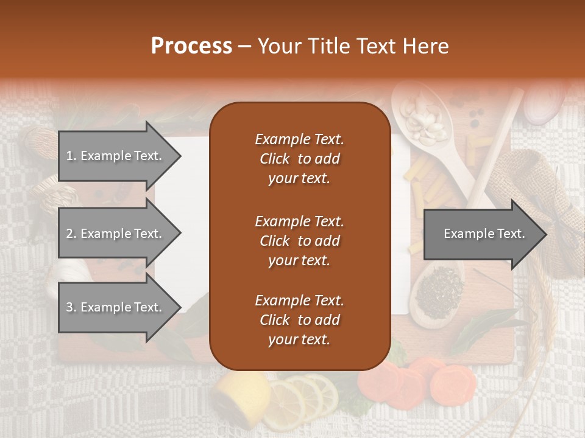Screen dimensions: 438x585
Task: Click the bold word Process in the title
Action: click(191, 46)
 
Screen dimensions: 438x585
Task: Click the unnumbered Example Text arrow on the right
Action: click(484, 234)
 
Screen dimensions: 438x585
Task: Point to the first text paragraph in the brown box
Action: click(299, 159)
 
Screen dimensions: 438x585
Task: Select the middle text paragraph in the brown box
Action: click(299, 240)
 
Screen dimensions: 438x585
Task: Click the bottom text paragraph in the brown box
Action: click(299, 320)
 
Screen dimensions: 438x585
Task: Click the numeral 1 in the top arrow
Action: click(69, 156)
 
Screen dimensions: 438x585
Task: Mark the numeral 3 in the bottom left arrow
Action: click(69, 307)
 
